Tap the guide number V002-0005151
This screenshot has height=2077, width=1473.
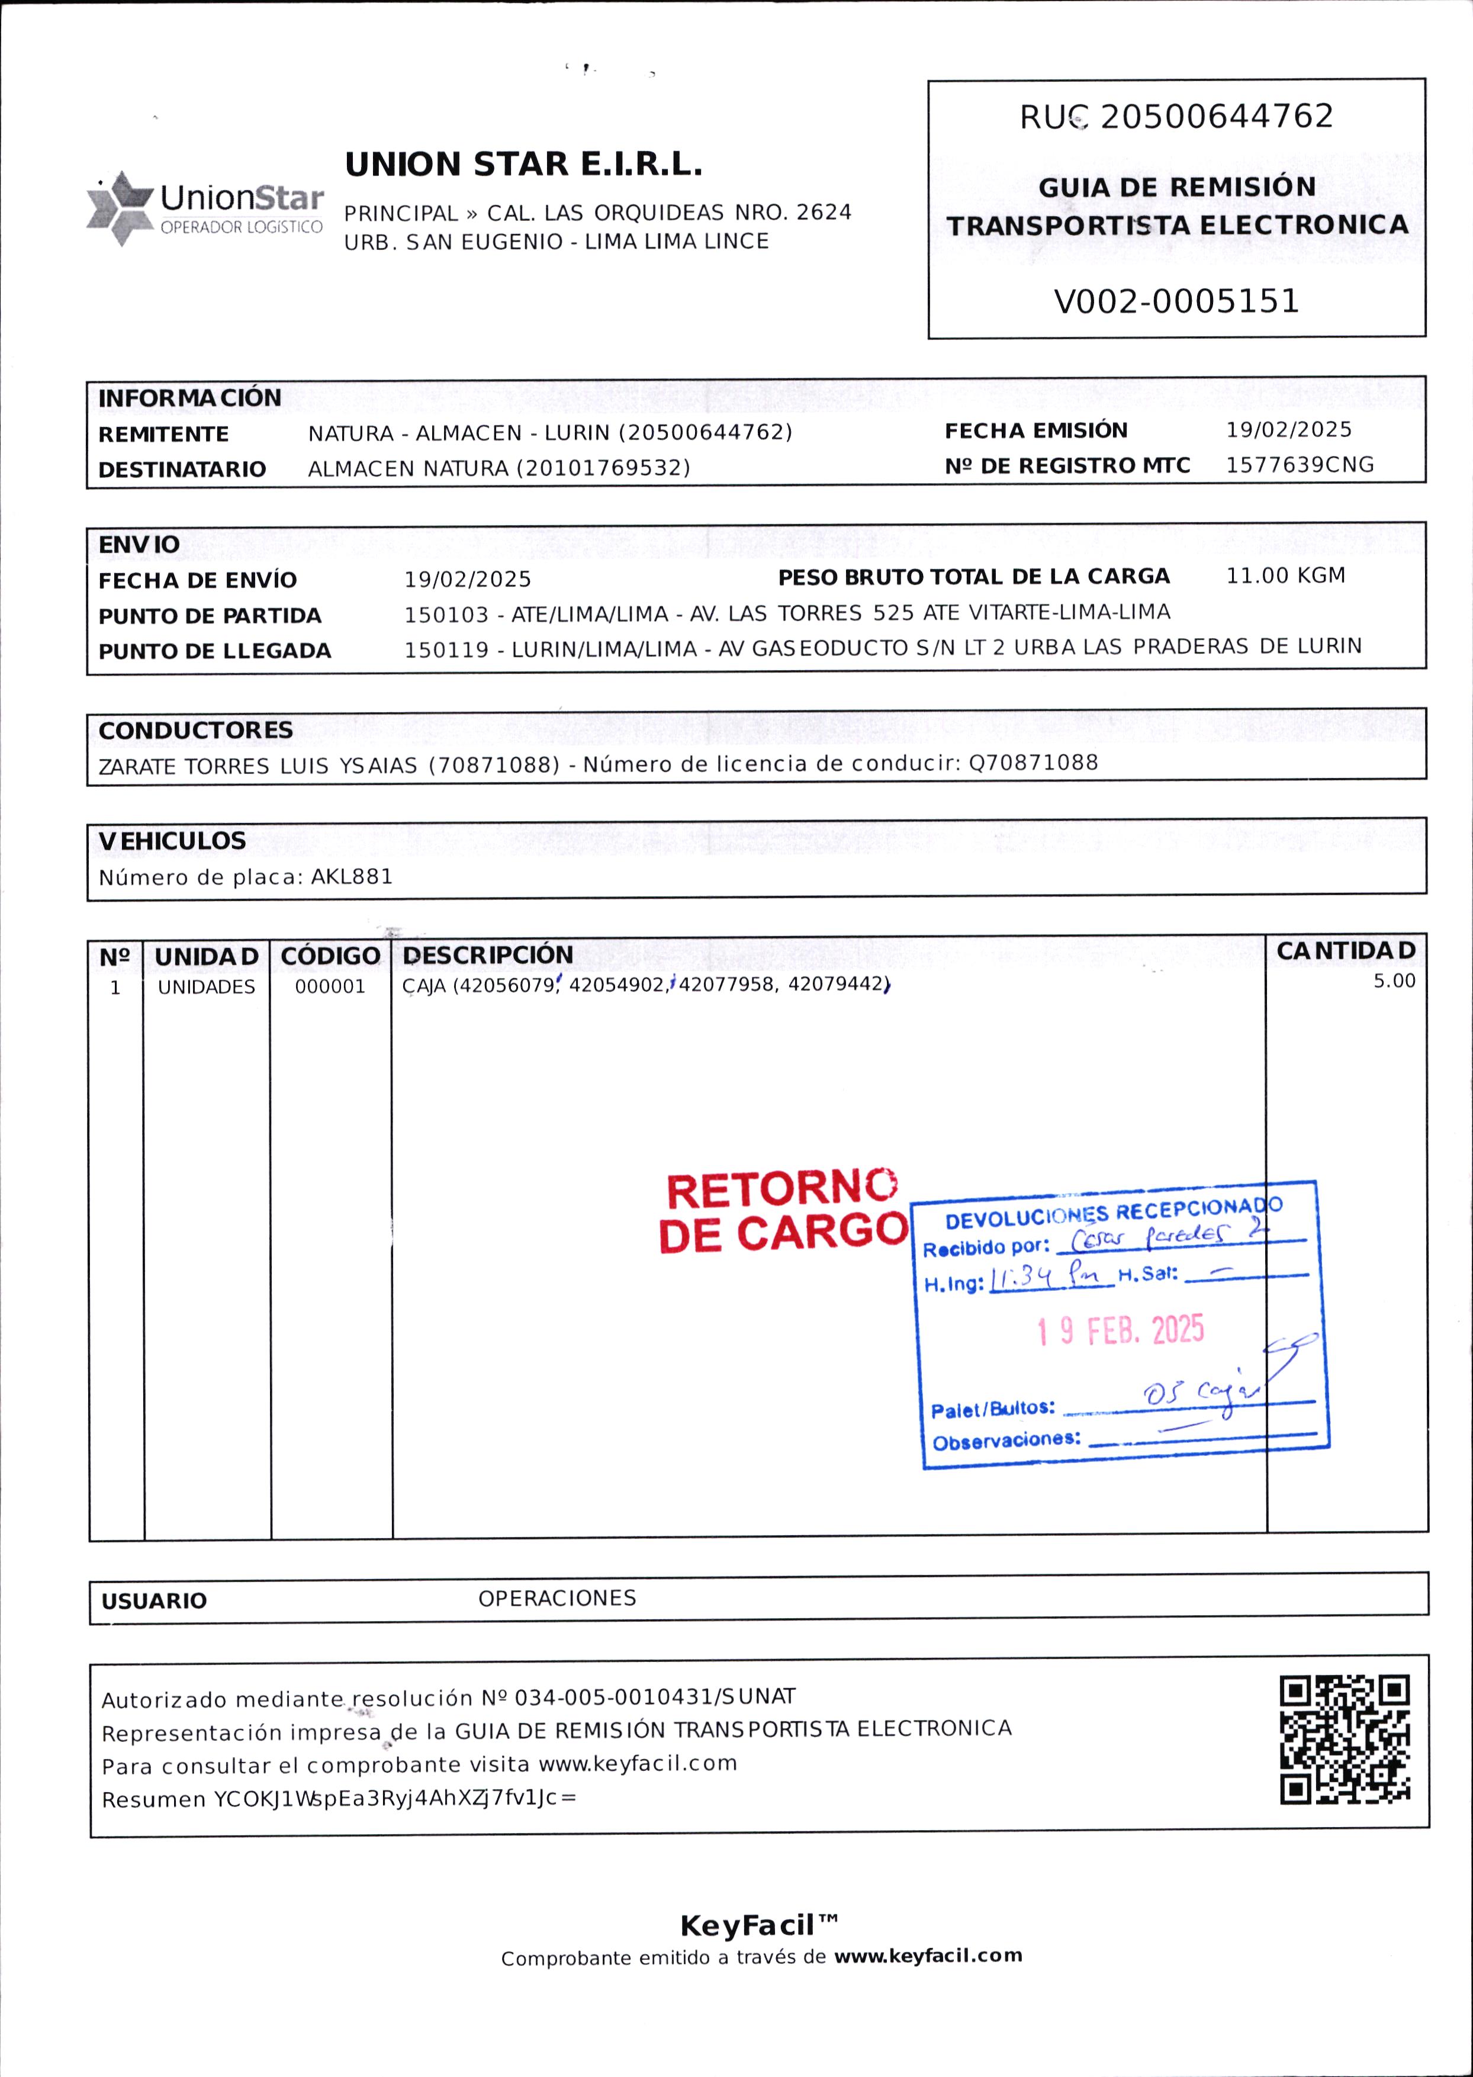[x=1176, y=301]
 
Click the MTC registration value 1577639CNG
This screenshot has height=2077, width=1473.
[x=1300, y=465]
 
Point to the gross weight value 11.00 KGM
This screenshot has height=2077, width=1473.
[x=1285, y=576]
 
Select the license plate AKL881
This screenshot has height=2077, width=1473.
[x=352, y=877]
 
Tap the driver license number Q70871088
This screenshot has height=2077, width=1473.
[x=1033, y=763]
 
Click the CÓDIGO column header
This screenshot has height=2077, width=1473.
[x=330, y=956]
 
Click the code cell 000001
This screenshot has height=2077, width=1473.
[x=330, y=987]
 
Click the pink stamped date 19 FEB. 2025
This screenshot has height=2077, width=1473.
[x=1121, y=1330]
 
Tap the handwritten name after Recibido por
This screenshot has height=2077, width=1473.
[x=1166, y=1236]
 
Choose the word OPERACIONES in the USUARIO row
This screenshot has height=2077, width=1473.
[x=557, y=1598]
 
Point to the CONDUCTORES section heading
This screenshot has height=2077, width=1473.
[x=196, y=730]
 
